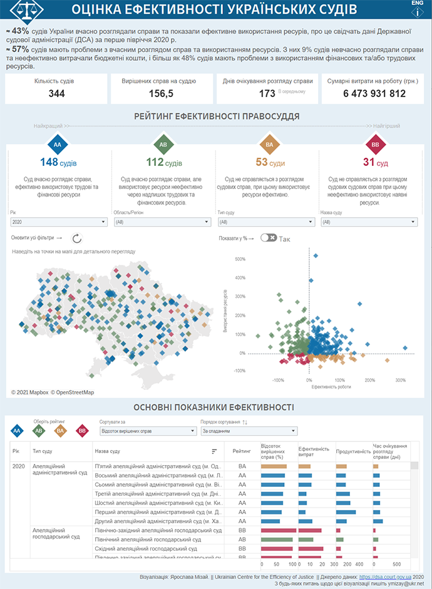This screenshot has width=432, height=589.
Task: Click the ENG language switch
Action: (x=417, y=3)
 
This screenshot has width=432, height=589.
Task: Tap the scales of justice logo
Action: (x=29, y=9)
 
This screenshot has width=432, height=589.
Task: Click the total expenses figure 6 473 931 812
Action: (x=374, y=94)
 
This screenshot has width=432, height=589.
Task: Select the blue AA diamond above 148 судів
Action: (x=58, y=145)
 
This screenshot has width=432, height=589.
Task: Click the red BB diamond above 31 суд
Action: (x=375, y=145)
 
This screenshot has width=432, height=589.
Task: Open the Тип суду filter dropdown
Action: (x=265, y=222)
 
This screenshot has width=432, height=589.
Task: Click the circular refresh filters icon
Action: (x=77, y=238)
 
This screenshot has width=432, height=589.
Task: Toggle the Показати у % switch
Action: (x=269, y=238)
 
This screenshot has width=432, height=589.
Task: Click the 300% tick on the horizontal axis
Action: (x=401, y=380)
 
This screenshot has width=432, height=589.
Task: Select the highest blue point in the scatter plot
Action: (x=316, y=255)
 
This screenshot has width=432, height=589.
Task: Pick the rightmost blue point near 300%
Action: (x=406, y=348)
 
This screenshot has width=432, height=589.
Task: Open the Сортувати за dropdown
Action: (x=147, y=431)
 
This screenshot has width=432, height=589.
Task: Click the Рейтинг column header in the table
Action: (x=242, y=451)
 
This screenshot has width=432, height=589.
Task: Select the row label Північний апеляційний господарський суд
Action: (x=148, y=540)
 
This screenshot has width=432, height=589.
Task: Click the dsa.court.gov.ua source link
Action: (x=385, y=576)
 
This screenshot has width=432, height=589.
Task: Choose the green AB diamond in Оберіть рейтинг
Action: (x=39, y=431)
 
